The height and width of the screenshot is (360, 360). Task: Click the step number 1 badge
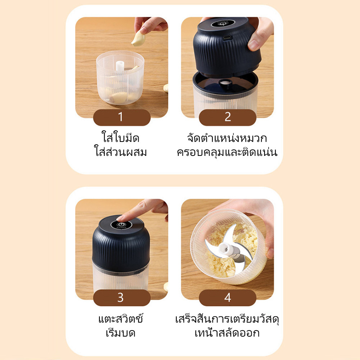[122, 117]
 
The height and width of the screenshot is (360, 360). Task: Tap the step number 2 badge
[228, 117]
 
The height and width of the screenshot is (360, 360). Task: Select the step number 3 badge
[122, 298]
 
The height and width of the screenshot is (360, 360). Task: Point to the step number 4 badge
[228, 298]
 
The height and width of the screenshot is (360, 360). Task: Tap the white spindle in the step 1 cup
[120, 66]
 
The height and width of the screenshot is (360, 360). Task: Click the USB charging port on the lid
[228, 37]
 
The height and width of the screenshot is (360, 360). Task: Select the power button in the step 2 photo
[222, 23]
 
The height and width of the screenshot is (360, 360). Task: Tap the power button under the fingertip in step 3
[121, 225]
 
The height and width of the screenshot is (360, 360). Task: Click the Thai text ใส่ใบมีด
[120, 138]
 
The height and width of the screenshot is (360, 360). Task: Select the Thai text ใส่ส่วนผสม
[120, 152]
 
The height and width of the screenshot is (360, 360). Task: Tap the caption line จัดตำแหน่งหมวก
[227, 138]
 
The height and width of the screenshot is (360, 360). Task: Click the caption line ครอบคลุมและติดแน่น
[227, 152]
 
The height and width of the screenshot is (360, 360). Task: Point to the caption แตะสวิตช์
[121, 319]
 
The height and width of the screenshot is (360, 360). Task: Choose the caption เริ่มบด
[121, 332]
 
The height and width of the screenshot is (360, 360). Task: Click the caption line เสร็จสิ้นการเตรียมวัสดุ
[227, 319]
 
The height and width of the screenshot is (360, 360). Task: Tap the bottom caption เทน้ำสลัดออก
[227, 332]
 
